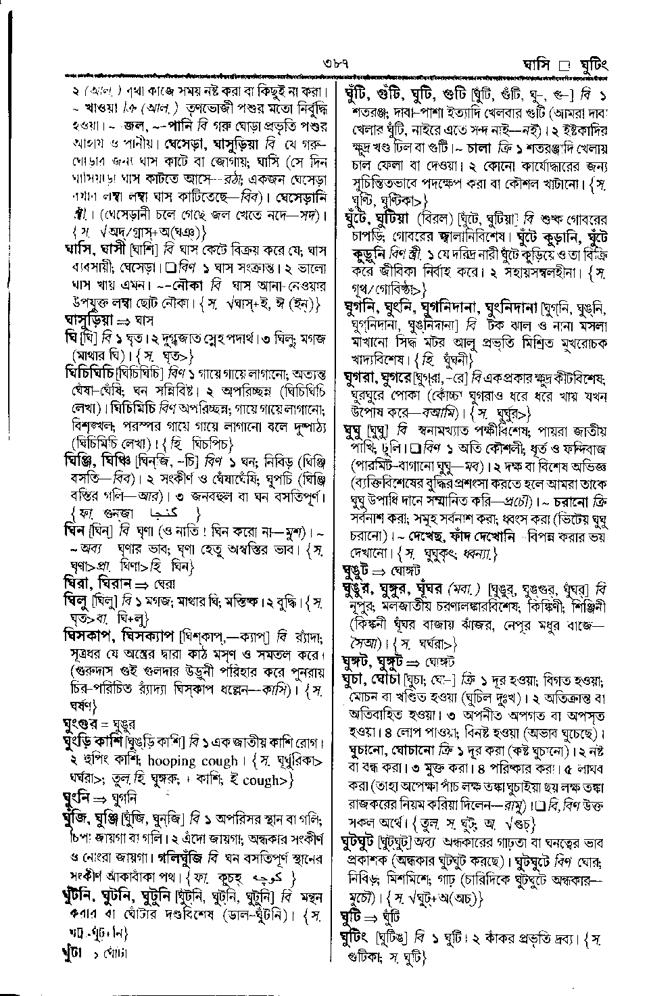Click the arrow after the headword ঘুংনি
104,798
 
